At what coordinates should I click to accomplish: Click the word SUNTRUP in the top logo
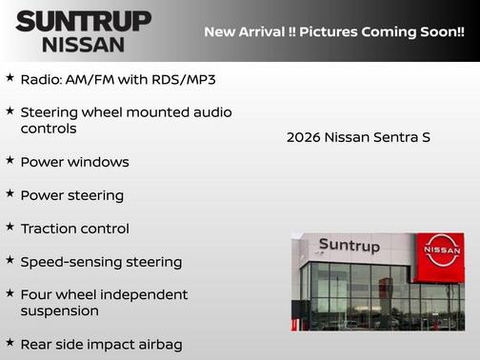(83, 22)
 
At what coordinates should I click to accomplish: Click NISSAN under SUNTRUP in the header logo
(83, 44)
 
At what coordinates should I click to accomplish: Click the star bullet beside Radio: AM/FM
(10, 76)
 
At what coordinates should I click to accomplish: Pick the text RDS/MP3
(186, 78)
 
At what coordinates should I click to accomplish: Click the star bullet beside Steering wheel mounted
(10, 110)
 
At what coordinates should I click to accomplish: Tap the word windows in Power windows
(95, 162)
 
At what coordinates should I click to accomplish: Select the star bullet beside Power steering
(10, 193)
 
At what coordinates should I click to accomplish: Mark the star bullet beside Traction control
(10, 227)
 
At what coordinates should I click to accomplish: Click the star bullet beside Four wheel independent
(10, 292)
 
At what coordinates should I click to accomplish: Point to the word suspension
(60, 311)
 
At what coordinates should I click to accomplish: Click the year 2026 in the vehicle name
(303, 137)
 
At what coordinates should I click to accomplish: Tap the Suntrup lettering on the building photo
(349, 246)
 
